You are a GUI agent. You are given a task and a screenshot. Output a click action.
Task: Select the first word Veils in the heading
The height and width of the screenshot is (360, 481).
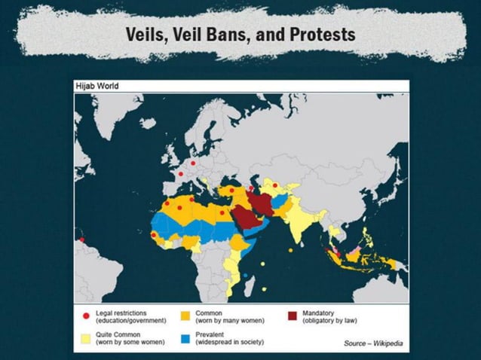147,35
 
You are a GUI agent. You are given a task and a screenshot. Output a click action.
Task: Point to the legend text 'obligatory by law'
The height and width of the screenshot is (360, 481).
331,320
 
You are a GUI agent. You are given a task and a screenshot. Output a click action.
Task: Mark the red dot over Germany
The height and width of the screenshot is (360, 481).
193,163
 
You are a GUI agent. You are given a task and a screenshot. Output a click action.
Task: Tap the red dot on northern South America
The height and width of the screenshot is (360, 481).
81,240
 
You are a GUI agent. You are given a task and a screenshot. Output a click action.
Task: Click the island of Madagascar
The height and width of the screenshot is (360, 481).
246,279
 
